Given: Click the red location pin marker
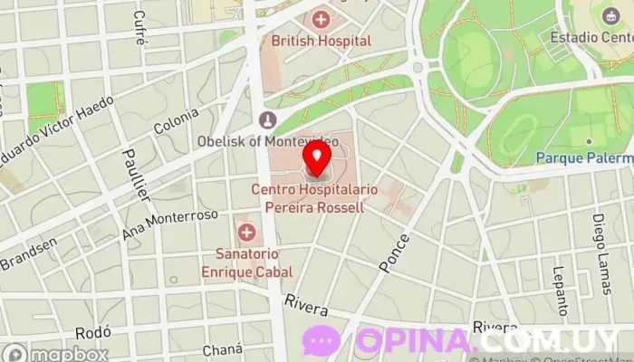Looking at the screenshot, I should [317, 157].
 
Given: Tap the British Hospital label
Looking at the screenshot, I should [322, 41].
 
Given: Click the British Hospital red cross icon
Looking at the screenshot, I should [321, 18].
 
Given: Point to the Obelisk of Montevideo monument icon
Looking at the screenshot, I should [266, 119].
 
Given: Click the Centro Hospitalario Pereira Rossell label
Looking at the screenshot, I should [307, 198].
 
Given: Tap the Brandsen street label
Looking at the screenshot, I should [28, 253].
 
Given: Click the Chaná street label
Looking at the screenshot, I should [224, 350].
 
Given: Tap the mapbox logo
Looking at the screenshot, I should [54, 353].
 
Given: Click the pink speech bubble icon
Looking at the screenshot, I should [322, 340].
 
